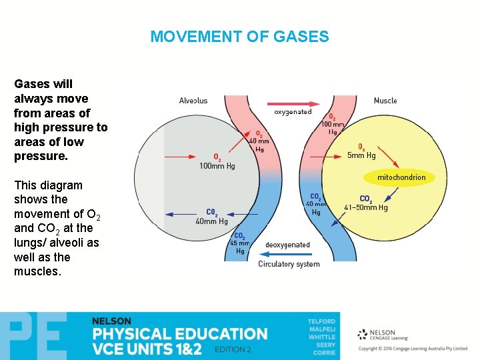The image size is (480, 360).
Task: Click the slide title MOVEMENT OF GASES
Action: (x=239, y=37)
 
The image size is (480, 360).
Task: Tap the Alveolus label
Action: (x=193, y=101)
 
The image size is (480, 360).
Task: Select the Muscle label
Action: (x=385, y=101)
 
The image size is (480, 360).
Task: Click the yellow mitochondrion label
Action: (x=401, y=177)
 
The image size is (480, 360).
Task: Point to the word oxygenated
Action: (x=293, y=112)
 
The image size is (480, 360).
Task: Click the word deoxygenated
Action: (x=287, y=245)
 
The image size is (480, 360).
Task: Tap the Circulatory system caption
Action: (x=289, y=264)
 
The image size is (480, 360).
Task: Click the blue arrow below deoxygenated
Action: (x=288, y=254)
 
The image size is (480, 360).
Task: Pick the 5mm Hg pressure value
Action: (x=361, y=155)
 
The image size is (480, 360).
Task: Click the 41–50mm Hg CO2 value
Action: (x=365, y=207)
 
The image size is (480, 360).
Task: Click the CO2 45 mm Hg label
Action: (x=239, y=243)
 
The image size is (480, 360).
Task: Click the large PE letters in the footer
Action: (x=33, y=336)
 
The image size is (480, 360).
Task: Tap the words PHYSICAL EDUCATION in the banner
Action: (x=179, y=333)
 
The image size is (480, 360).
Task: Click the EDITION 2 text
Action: (x=233, y=349)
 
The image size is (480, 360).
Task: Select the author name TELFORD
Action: (x=321, y=321)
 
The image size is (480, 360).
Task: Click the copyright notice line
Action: (x=413, y=349)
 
